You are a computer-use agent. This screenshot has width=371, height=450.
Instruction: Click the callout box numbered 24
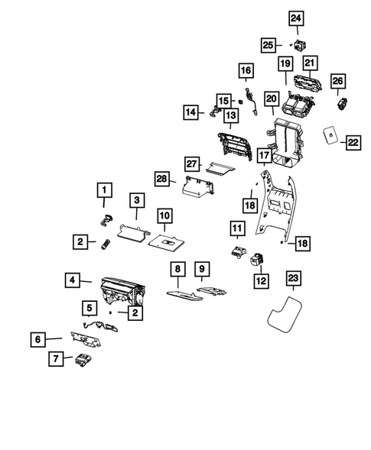click(x=295, y=18)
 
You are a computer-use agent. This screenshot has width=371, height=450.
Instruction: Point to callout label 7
click(x=55, y=358)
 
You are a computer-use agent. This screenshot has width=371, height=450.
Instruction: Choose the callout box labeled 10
click(x=165, y=216)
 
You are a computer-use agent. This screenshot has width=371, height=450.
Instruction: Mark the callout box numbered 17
click(x=264, y=155)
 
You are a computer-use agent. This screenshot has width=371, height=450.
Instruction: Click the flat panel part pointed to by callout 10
click(x=166, y=240)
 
